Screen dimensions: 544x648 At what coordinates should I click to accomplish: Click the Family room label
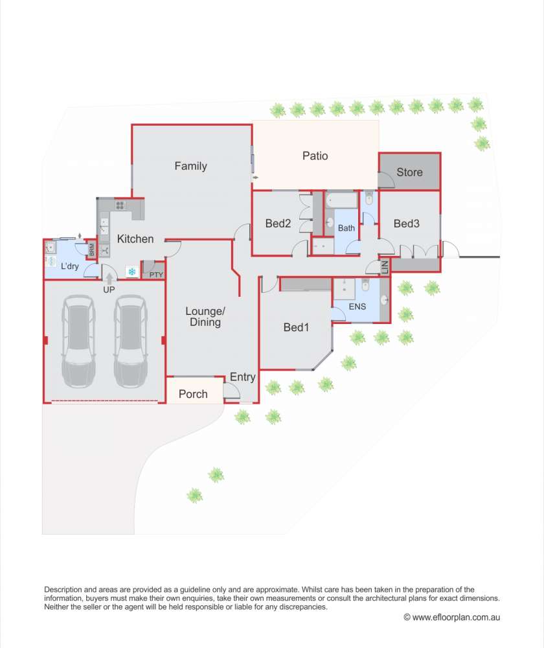pyautogui.click(x=190, y=166)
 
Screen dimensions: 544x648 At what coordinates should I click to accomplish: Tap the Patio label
pyautogui.click(x=315, y=156)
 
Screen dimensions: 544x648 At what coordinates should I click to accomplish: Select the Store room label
pyautogui.click(x=409, y=172)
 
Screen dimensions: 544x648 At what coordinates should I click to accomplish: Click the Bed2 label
pyautogui.click(x=278, y=224)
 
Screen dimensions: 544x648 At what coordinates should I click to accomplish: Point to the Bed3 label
pyautogui.click(x=407, y=224)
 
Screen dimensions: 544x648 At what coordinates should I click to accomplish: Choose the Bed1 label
pyautogui.click(x=296, y=327)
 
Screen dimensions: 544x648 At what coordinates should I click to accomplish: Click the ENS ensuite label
pyautogui.click(x=357, y=307)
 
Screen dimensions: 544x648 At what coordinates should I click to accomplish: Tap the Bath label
pyautogui.click(x=346, y=228)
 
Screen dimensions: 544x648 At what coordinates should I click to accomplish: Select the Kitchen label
pyautogui.click(x=135, y=239)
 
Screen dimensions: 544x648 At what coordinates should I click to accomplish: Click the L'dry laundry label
pyautogui.click(x=70, y=266)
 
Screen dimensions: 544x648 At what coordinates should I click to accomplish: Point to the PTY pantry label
pyautogui.click(x=156, y=275)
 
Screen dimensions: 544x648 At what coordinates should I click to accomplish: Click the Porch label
pyautogui.click(x=193, y=394)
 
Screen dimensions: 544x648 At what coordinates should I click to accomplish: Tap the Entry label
pyautogui.click(x=242, y=377)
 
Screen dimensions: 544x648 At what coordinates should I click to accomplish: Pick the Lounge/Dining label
pyautogui.click(x=205, y=317)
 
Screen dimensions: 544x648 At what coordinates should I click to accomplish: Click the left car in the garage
pyautogui.click(x=78, y=341)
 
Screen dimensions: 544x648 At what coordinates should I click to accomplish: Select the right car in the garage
pyautogui.click(x=131, y=341)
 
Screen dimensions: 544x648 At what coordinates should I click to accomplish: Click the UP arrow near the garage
pyautogui.click(x=109, y=278)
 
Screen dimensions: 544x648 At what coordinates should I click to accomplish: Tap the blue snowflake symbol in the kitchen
pyautogui.click(x=131, y=272)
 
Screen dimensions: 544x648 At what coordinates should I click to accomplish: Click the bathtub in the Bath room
pyautogui.click(x=341, y=200)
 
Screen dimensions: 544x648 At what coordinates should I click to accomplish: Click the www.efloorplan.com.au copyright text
pyautogui.click(x=452, y=618)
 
